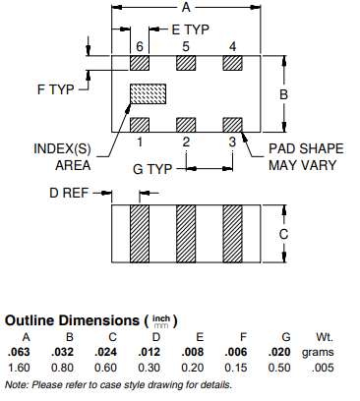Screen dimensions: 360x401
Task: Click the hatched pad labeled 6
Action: coord(140,63)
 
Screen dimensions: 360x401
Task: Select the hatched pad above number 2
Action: coord(186,125)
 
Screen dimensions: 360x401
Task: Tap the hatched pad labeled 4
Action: coord(232,63)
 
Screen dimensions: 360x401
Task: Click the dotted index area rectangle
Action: coord(149,94)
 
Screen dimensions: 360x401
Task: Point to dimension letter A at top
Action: coord(186,7)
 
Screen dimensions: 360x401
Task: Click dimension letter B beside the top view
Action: coord(283,94)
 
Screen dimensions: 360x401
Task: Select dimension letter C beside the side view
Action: coord(283,234)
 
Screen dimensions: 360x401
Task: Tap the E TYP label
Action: coord(191,29)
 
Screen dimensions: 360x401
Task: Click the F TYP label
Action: coord(56,89)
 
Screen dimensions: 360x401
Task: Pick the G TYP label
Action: coord(152,169)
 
